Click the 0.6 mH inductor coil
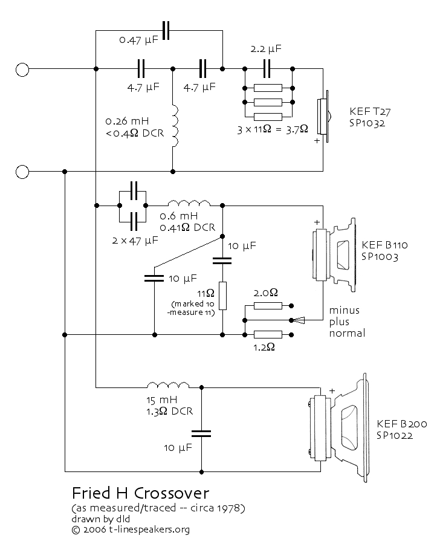189,203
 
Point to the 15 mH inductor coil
169,386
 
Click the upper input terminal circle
22,70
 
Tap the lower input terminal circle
22,172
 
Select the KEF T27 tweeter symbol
324,118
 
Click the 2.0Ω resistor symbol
268,306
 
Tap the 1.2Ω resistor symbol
268,334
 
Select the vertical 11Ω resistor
222,296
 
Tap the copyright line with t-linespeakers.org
131,529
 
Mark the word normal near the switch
348,332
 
